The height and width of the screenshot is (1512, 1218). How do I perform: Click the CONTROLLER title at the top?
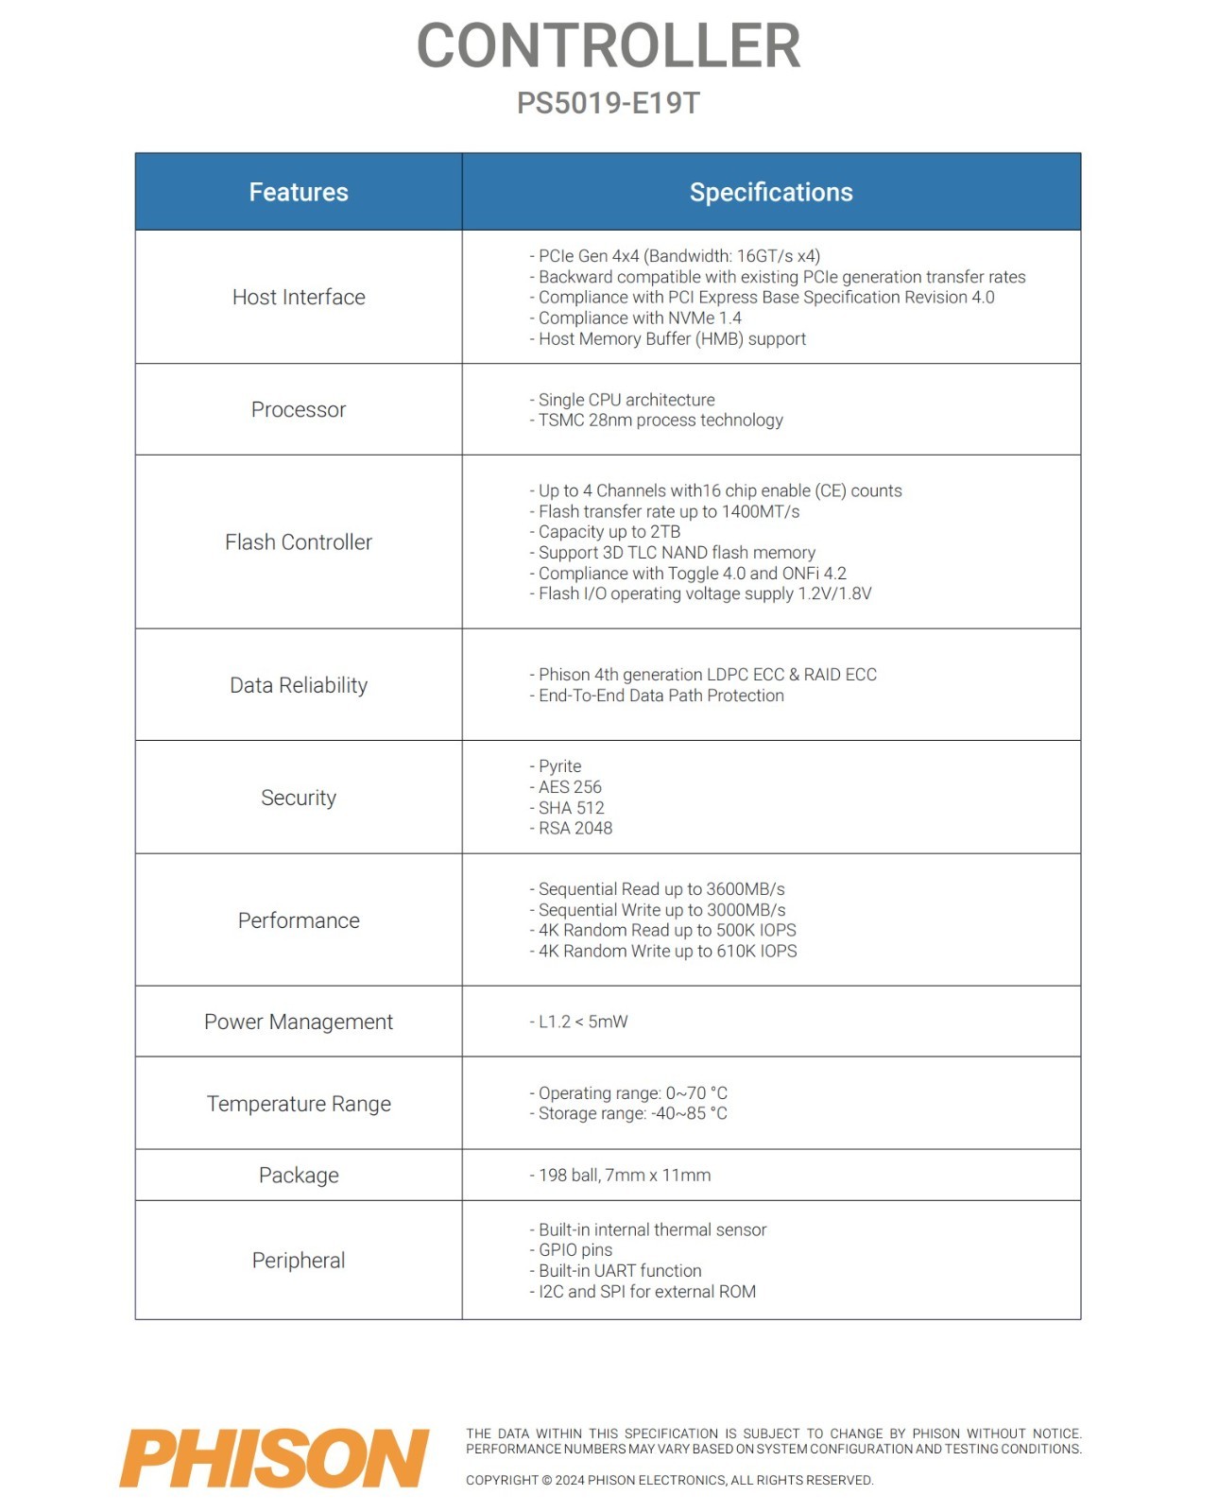(x=609, y=45)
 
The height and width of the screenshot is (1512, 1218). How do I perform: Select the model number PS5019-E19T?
(x=609, y=103)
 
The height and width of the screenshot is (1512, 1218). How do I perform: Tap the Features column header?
(x=299, y=192)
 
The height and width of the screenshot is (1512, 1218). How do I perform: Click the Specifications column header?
(x=771, y=192)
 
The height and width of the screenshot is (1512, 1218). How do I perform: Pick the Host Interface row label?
(x=299, y=297)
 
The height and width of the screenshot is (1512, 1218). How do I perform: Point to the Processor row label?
(x=299, y=409)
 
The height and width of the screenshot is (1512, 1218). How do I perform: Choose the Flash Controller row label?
(x=299, y=541)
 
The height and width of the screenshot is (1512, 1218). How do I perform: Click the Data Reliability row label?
(x=299, y=685)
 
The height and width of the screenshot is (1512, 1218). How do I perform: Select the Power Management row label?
(x=299, y=1022)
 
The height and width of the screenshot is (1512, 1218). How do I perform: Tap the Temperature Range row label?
(x=299, y=1104)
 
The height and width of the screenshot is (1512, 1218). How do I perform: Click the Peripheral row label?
(x=299, y=1261)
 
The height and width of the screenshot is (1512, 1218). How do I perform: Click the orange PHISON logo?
(x=274, y=1458)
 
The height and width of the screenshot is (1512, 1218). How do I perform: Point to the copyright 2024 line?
(x=669, y=1480)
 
